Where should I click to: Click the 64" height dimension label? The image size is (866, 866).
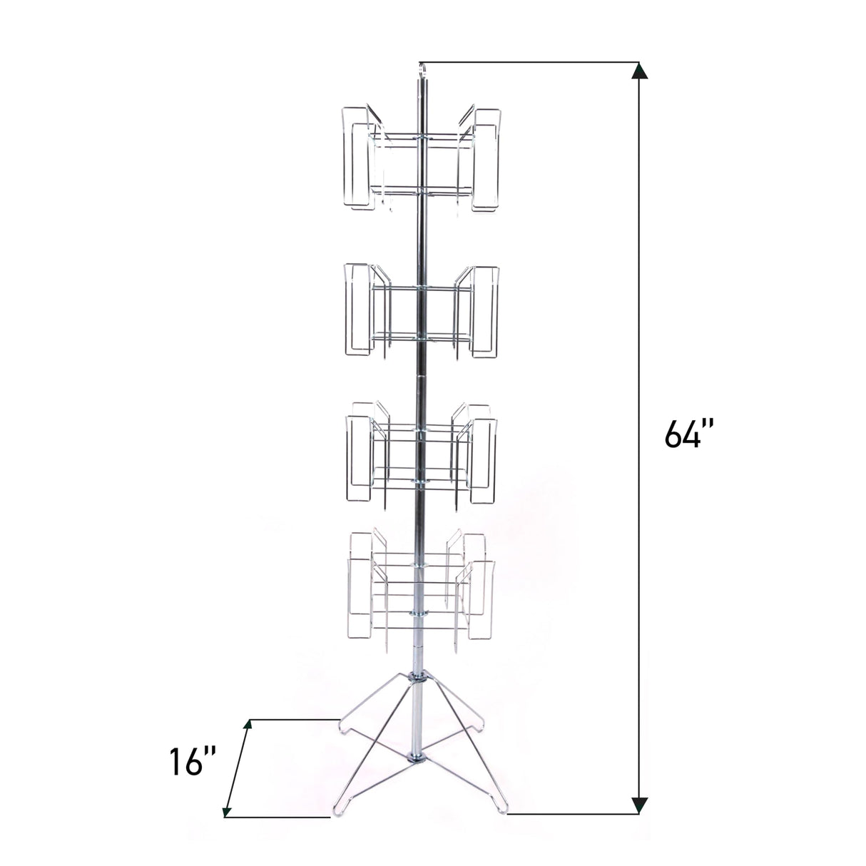point(687,432)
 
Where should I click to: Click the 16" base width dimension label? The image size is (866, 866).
point(188,763)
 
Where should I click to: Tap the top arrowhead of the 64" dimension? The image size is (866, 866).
point(640,70)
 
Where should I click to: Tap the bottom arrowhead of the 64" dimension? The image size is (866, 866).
point(640,805)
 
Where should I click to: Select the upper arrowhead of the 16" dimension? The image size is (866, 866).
point(248,726)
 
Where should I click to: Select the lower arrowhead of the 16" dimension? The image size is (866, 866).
point(228,810)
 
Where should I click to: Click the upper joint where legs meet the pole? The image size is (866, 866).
point(418,678)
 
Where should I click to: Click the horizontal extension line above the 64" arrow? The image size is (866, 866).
point(528,61)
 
